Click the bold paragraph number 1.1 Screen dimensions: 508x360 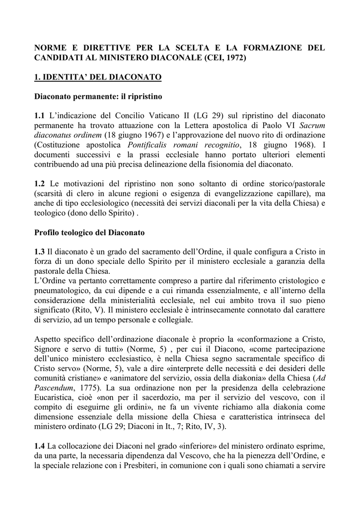pyautogui.click(x=40, y=116)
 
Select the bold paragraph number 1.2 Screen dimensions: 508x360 pyautogui.click(x=40, y=184)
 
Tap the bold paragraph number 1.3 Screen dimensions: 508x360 pyautogui.click(x=40, y=252)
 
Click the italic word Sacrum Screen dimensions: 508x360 pyautogui.click(x=312, y=125)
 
